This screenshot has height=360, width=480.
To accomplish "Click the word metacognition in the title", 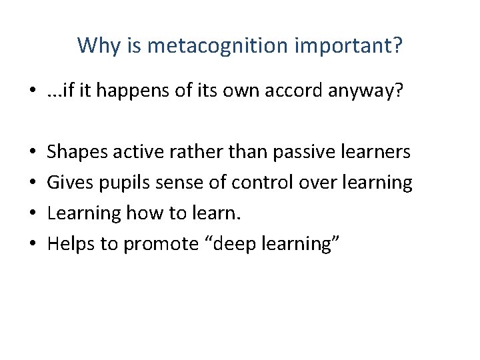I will pos(210,46).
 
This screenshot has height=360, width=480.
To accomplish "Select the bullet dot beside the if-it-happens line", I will pos(33,91).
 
